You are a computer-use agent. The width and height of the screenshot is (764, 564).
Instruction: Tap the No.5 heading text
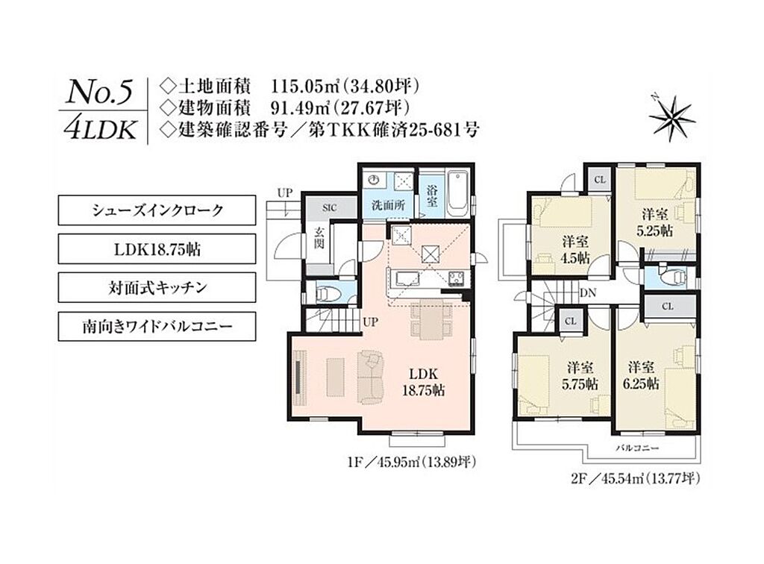pos(99,93)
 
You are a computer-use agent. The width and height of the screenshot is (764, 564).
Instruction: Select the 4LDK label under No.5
pos(101,129)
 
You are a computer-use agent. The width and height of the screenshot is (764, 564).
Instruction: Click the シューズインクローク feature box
pos(157,210)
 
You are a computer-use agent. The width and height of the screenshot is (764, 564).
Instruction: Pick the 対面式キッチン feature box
pos(157,287)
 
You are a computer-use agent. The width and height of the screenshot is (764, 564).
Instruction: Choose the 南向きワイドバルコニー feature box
pos(157,326)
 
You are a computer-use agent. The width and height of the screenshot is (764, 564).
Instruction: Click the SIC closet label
pos(329,208)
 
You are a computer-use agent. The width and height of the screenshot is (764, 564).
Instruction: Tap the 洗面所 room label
pos(388,206)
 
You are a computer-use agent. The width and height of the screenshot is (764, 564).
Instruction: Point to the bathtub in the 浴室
pos(457,194)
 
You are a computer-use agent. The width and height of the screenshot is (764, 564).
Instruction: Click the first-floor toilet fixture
pos(324,294)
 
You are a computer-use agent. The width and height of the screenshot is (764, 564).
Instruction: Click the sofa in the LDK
pos(371,377)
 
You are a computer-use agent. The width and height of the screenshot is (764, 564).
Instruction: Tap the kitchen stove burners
pos(457,278)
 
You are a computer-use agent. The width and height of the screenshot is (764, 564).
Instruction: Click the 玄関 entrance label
pos(319,238)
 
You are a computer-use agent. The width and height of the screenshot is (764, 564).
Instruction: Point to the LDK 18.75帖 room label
pos(424,382)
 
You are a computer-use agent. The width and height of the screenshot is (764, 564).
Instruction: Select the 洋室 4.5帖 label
pos(575,249)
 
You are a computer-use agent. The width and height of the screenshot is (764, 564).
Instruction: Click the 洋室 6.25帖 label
pos(641,375)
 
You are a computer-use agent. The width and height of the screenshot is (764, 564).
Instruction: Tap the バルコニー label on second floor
pos(637,447)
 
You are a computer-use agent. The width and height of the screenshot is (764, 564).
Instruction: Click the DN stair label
pos(588,293)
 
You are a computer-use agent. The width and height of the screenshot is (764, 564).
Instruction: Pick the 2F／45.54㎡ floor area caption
pos(636,479)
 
